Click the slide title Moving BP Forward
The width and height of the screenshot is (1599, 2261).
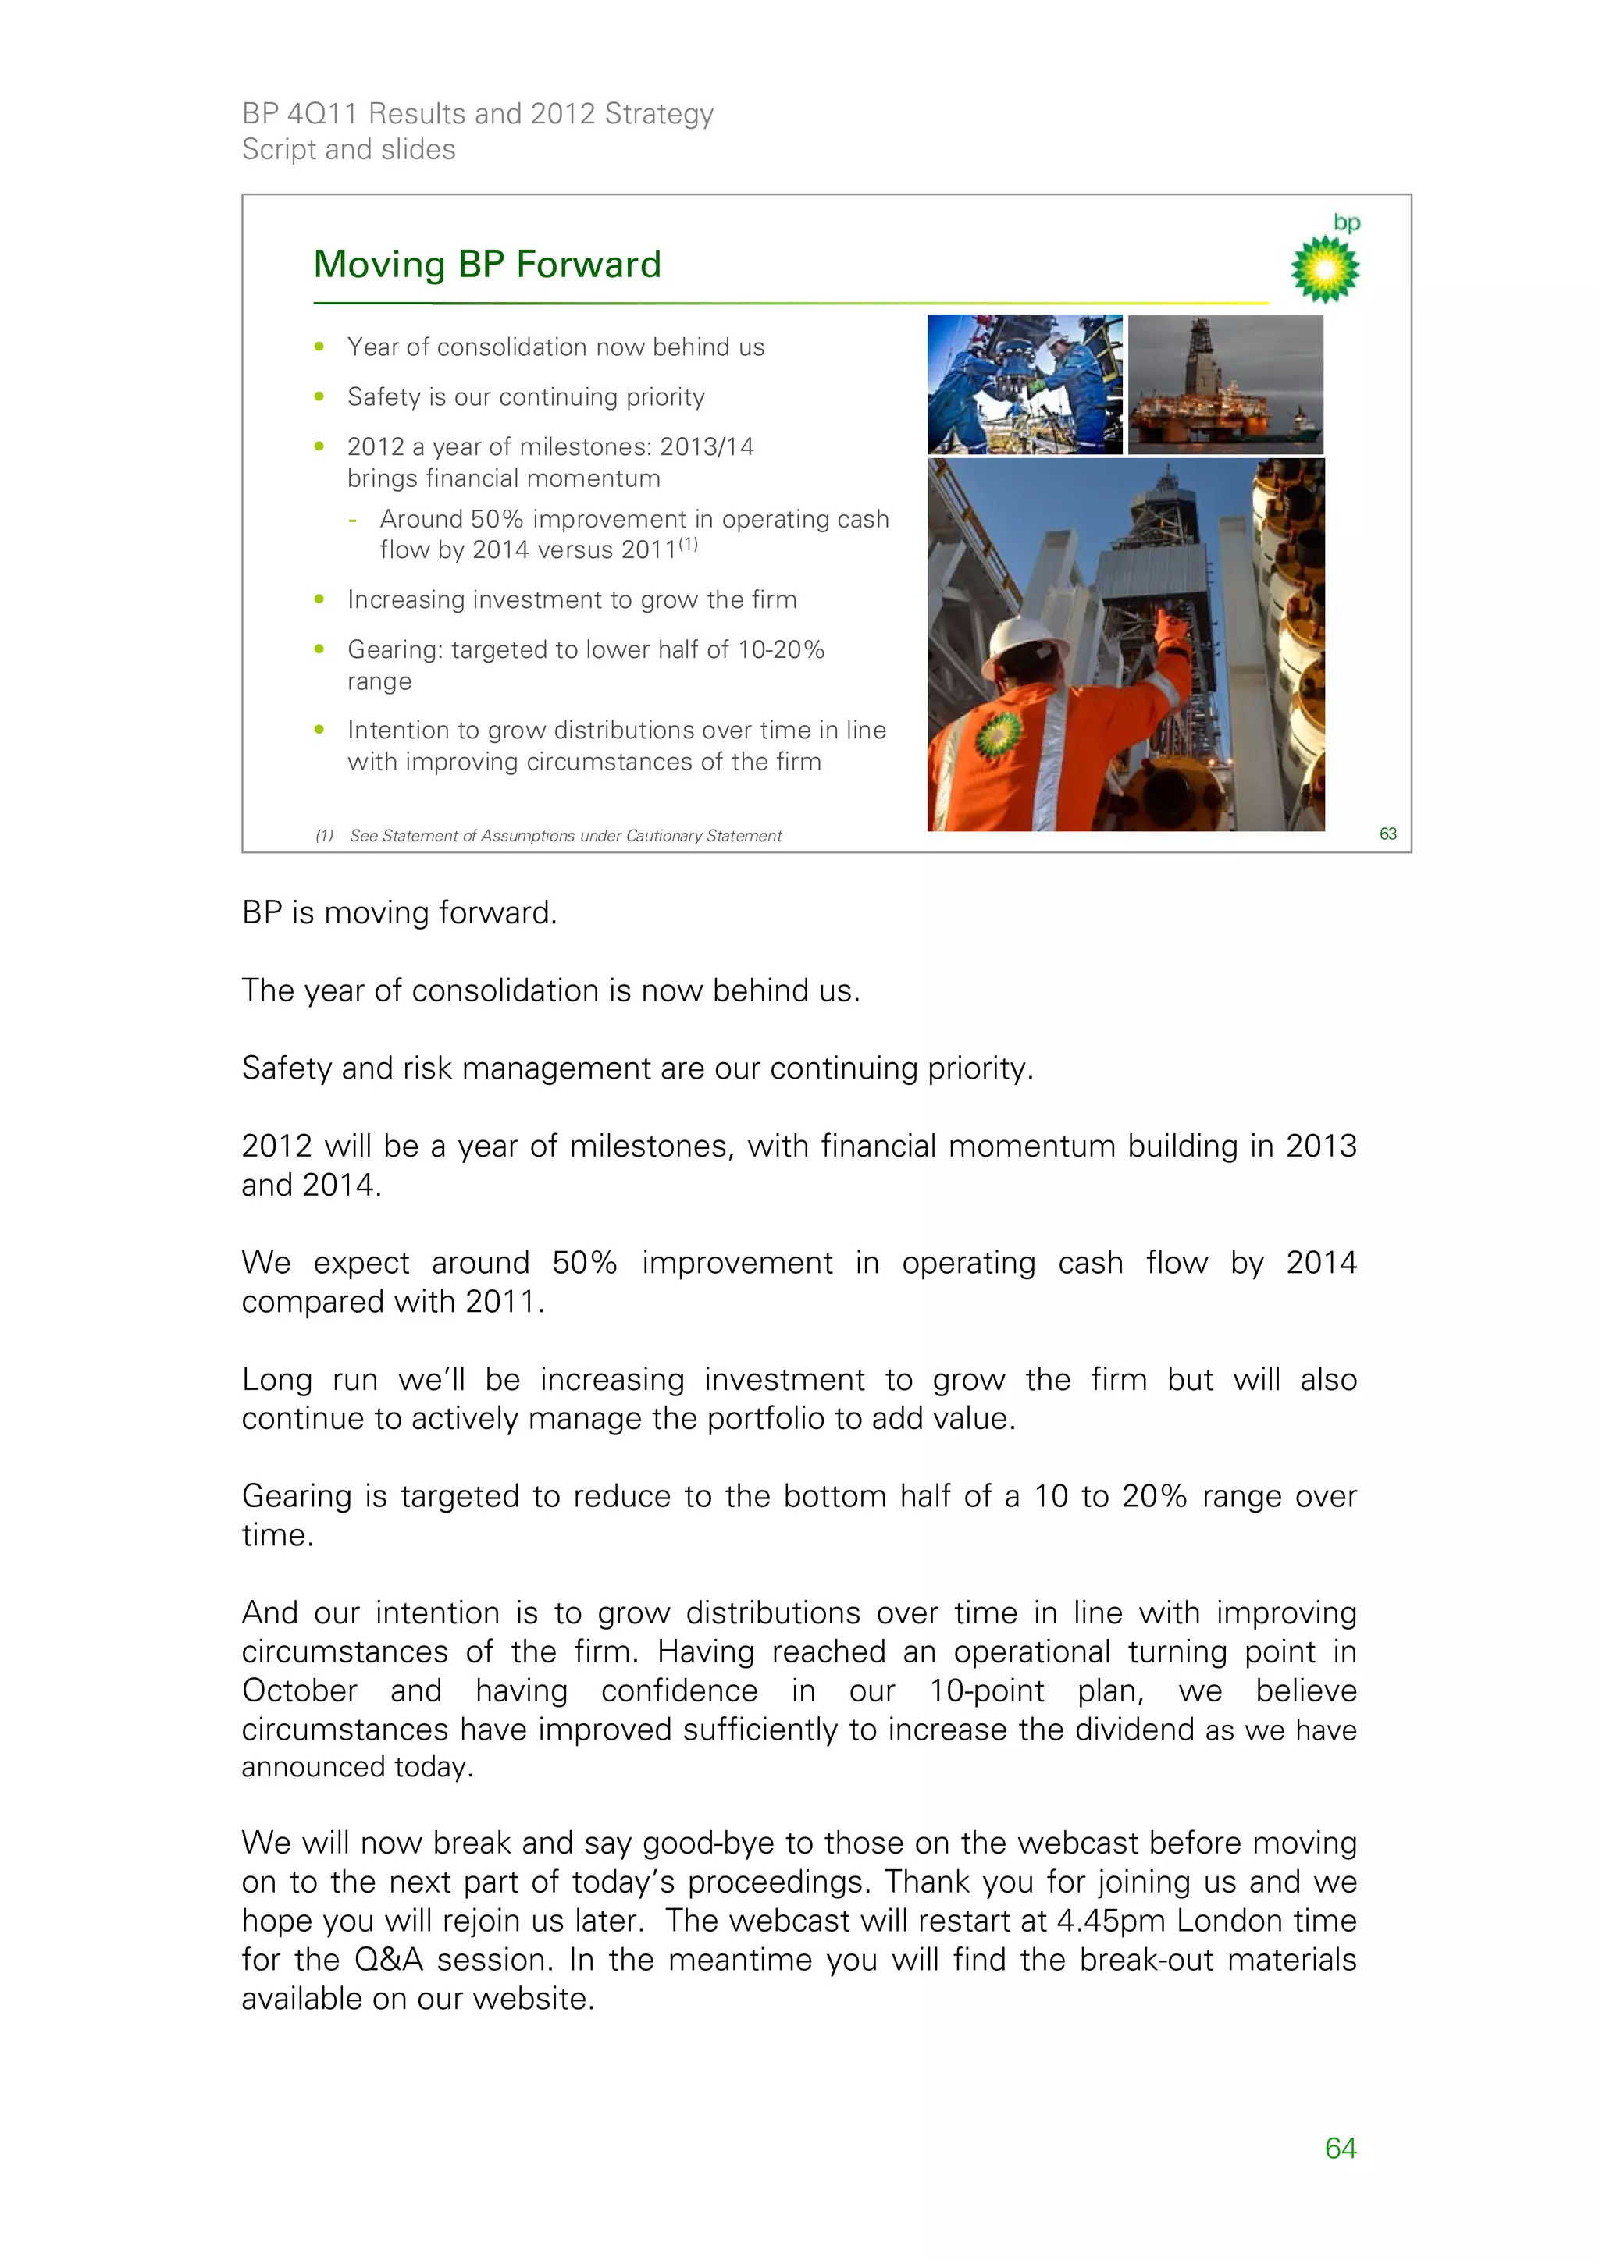486,265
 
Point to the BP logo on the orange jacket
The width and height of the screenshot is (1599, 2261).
998,734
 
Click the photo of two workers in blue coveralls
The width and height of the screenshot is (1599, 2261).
1024,385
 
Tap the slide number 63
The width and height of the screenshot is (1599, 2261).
1387,834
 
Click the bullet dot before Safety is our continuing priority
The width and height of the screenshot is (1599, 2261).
319,396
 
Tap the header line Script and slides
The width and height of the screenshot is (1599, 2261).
349,150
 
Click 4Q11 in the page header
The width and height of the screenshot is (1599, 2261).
321,114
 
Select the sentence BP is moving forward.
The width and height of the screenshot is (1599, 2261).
399,913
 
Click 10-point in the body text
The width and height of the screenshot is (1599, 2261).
986,1690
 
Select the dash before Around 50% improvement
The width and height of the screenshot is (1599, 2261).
353,520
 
